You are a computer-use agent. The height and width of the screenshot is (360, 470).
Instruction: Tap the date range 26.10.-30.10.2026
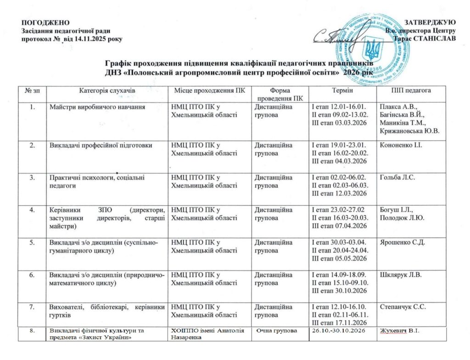340,330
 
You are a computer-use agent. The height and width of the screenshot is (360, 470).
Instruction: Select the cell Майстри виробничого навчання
98,107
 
